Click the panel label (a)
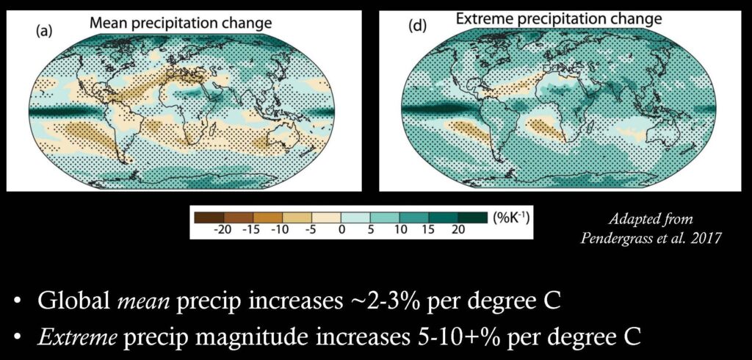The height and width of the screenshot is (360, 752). (x=43, y=32)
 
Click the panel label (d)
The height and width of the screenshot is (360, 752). (x=417, y=26)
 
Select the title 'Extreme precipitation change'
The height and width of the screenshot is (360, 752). (x=559, y=19)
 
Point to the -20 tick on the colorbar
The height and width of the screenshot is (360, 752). (x=222, y=229)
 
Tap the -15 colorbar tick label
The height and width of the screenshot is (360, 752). (x=250, y=229)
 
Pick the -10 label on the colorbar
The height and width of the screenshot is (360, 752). (x=279, y=229)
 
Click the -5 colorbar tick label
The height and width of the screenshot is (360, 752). (x=311, y=229)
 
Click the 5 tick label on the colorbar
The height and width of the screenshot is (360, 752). (x=370, y=229)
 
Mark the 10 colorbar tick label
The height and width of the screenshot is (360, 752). (x=401, y=229)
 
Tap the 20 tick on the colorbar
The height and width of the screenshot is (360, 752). (x=458, y=229)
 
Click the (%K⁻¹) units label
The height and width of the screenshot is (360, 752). (x=510, y=217)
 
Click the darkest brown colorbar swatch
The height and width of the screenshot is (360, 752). (x=209, y=218)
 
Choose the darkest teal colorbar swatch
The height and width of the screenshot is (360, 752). (x=473, y=218)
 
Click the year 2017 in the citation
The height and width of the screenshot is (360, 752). (x=706, y=239)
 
